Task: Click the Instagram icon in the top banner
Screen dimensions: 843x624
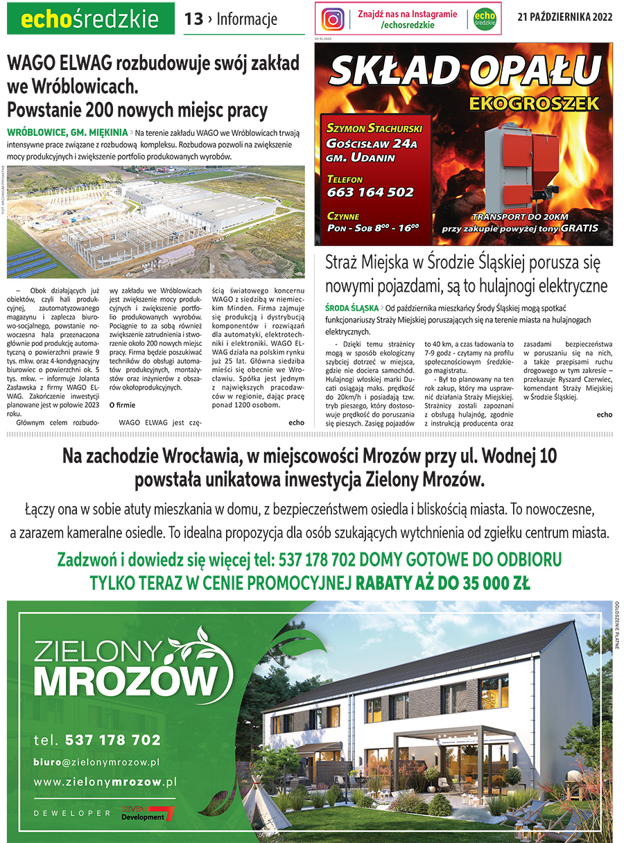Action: [x=333, y=19]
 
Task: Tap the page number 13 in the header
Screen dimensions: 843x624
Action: [x=193, y=19]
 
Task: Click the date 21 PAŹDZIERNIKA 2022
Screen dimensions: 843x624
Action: [x=564, y=18]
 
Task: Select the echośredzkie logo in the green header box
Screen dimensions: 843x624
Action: [x=90, y=20]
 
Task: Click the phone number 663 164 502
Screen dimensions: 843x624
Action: [x=370, y=192]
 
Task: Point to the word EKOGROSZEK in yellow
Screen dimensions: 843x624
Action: [x=533, y=104]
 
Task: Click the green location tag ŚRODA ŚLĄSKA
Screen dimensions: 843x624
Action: [x=351, y=307]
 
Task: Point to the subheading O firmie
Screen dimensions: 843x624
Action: [x=122, y=405]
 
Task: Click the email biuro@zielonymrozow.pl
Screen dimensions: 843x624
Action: [x=97, y=761]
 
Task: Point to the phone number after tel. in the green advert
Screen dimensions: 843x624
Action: [x=112, y=740]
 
